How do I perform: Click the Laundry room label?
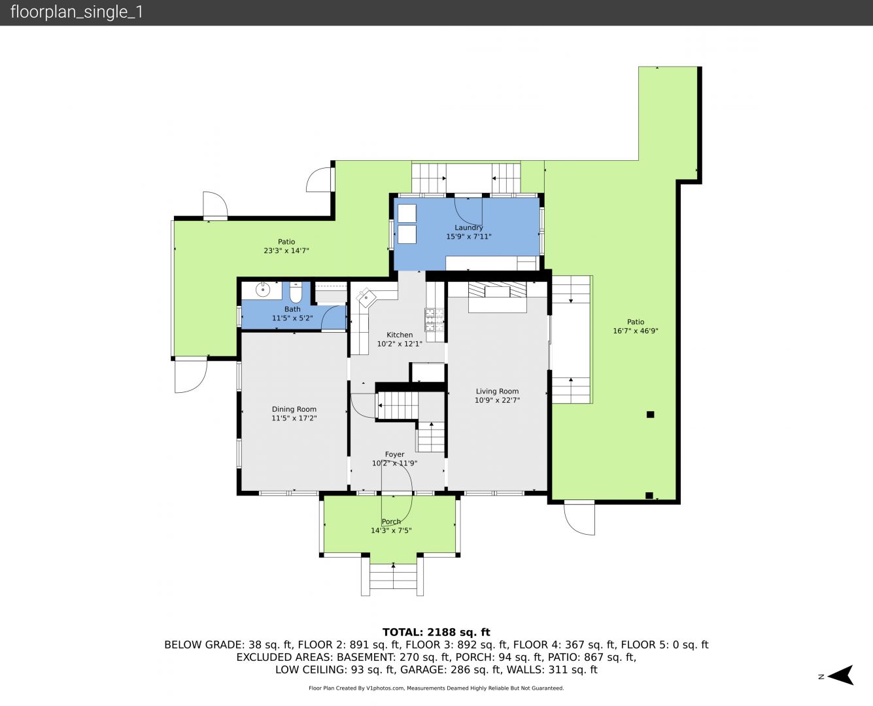click(x=468, y=227)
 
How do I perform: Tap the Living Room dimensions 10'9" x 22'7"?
click(x=497, y=400)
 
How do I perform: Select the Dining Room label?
click(x=294, y=409)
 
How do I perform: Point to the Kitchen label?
click(x=400, y=335)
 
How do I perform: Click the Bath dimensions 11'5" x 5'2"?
click(x=293, y=318)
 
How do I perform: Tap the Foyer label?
click(x=395, y=454)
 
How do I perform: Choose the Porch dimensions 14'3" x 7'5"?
click(x=392, y=530)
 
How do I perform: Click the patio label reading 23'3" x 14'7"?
click(x=286, y=250)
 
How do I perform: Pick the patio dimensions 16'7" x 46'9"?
click(x=636, y=331)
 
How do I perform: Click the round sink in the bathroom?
click(x=262, y=290)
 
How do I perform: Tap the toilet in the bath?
click(x=296, y=292)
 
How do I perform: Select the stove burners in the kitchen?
click(x=434, y=319)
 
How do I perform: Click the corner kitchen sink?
click(x=366, y=297)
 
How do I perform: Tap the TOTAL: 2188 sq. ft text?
click(x=436, y=632)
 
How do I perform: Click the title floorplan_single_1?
click(x=77, y=12)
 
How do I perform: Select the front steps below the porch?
click(x=392, y=579)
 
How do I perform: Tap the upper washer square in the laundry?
click(x=407, y=213)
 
